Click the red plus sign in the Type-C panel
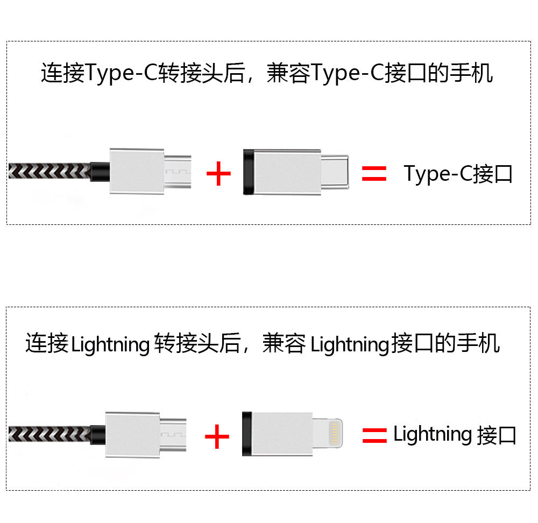tap(218, 174)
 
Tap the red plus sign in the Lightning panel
tap(217, 436)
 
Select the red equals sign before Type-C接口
tap(374, 173)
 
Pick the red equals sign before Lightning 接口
tap(374, 435)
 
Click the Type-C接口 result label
tap(458, 174)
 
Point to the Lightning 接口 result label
tap(455, 435)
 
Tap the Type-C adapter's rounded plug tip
tap(335, 172)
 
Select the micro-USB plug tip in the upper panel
tap(177, 172)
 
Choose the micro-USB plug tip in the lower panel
tap(173, 433)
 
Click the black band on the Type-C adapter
tap(248, 172)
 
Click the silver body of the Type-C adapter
tap(286, 172)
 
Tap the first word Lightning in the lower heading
tap(110, 344)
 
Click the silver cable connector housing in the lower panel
tap(133, 434)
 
